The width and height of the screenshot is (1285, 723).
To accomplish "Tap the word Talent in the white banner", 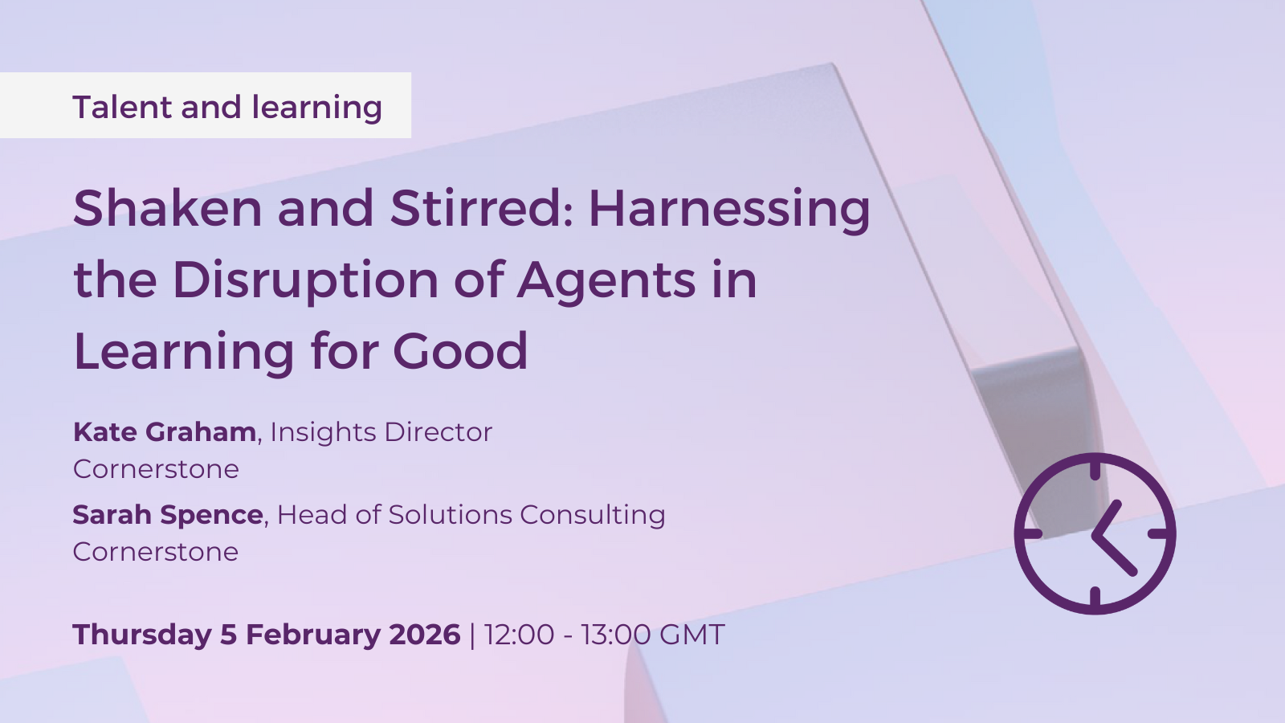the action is (x=122, y=107).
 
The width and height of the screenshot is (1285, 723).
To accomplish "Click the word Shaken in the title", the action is (x=168, y=208).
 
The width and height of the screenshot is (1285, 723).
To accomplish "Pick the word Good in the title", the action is (x=460, y=350).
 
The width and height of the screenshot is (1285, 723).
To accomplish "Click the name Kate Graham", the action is (x=164, y=432).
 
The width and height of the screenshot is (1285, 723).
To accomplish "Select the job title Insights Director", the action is (x=381, y=432).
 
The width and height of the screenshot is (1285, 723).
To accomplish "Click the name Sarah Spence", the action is (x=168, y=515).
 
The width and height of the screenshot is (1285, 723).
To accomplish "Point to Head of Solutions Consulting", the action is (x=471, y=515).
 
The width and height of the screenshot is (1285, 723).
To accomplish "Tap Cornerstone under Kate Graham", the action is (x=156, y=469).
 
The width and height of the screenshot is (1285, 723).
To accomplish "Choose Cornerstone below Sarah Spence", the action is (x=156, y=552).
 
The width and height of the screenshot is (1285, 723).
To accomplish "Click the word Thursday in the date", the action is (x=142, y=635).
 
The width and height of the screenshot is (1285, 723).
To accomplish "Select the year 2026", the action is (x=425, y=635).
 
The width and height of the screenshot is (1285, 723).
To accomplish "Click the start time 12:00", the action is (x=520, y=635).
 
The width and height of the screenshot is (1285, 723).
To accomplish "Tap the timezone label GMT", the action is (x=692, y=635).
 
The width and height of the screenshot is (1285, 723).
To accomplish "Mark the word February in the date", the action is (x=313, y=635).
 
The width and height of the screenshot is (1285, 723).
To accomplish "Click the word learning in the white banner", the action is (x=316, y=108).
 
